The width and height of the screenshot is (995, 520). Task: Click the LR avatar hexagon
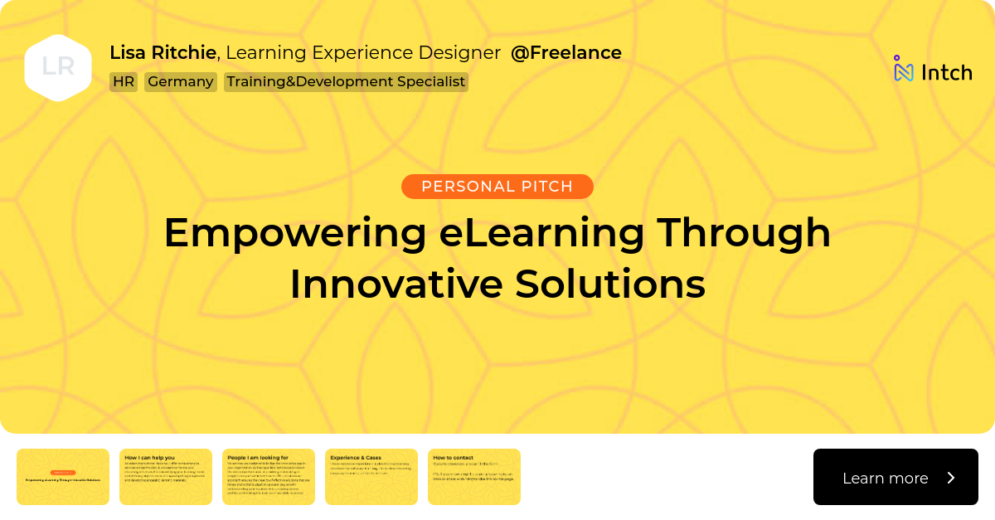[58, 67]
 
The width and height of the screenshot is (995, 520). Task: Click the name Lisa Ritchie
[163, 53]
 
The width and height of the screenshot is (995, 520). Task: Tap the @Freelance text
[565, 53]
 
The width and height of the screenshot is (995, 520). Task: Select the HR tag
[124, 82]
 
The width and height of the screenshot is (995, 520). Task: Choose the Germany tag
[181, 82]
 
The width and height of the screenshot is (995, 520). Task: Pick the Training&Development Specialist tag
[346, 82]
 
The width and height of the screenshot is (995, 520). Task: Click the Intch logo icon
[903, 70]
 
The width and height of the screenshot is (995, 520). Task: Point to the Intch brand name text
[946, 73]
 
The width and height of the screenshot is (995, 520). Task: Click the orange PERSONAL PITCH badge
[497, 187]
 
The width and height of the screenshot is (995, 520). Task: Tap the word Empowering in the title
[294, 233]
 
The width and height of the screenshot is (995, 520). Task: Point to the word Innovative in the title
[396, 284]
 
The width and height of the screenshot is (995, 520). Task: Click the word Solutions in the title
[609, 284]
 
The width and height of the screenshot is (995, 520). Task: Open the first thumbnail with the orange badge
[63, 477]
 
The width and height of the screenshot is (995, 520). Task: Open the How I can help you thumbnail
[166, 477]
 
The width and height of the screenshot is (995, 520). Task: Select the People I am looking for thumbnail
[269, 477]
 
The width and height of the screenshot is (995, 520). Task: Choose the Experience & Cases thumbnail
[371, 477]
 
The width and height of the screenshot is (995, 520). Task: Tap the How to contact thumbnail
[474, 477]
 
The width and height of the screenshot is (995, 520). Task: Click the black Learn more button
[895, 477]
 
